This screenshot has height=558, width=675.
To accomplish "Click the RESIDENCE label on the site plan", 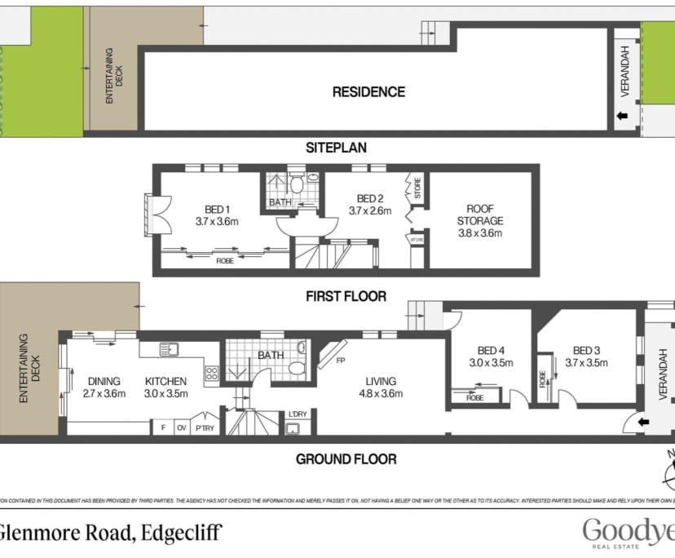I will (x=368, y=92).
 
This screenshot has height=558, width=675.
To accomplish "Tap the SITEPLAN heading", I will (x=336, y=148).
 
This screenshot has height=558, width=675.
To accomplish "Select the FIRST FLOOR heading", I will (x=346, y=296).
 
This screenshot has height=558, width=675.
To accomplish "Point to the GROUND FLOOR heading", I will (x=346, y=459).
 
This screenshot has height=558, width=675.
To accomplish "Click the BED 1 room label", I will (x=212, y=209).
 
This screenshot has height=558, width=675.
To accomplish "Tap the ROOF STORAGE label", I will (x=479, y=215).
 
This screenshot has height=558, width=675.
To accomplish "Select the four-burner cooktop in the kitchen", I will (x=212, y=373).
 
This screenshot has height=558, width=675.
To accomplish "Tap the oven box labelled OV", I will (x=181, y=427).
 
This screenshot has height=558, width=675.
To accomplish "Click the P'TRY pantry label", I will (x=203, y=427).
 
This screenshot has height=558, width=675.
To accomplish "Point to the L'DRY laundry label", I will (x=298, y=414).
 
